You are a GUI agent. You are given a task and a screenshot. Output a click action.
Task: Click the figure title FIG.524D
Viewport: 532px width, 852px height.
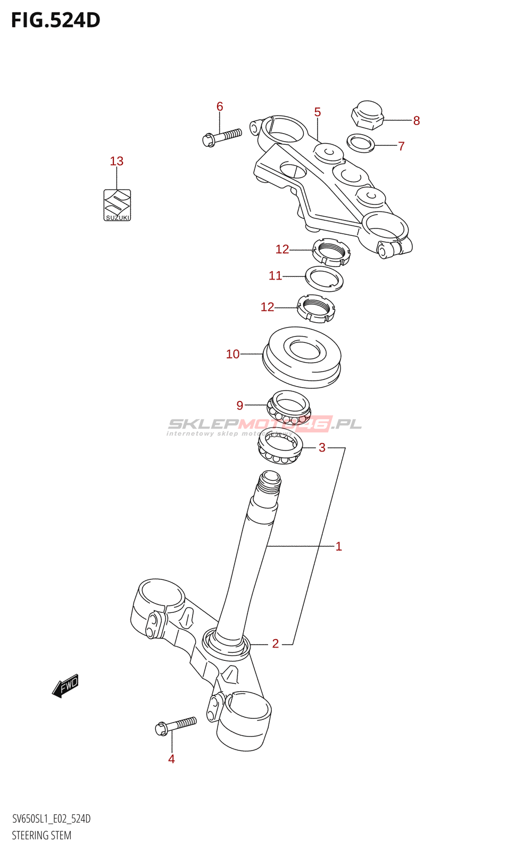[56, 20]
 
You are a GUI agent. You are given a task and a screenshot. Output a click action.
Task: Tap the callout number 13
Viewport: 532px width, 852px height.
[117, 161]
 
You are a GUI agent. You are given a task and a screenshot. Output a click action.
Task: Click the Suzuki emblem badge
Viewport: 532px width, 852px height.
[117, 205]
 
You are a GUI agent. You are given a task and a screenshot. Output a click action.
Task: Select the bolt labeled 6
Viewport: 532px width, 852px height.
[222, 136]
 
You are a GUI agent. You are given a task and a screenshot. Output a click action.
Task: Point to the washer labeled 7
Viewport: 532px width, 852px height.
[361, 143]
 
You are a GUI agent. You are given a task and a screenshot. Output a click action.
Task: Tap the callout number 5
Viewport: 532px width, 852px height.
[318, 112]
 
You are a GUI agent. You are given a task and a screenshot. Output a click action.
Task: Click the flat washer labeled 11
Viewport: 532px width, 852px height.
[324, 279]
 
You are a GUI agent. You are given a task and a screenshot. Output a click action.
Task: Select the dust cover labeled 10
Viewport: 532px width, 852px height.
[302, 357]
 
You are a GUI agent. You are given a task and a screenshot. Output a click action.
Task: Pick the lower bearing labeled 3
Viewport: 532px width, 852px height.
[280, 447]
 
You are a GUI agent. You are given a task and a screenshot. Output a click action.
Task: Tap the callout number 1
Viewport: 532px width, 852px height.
[338, 546]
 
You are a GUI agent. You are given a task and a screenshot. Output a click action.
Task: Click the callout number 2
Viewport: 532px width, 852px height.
[275, 643]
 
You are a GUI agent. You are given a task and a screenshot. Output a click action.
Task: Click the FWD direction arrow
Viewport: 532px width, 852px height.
[65, 686]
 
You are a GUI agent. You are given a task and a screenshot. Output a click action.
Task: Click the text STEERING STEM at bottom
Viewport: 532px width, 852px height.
[41, 835]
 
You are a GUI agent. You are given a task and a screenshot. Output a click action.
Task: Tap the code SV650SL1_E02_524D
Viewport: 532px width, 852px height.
[51, 819]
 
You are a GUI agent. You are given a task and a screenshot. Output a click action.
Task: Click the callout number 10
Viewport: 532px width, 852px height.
[232, 354]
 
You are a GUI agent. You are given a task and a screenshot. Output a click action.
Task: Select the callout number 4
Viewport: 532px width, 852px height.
[171, 759]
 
